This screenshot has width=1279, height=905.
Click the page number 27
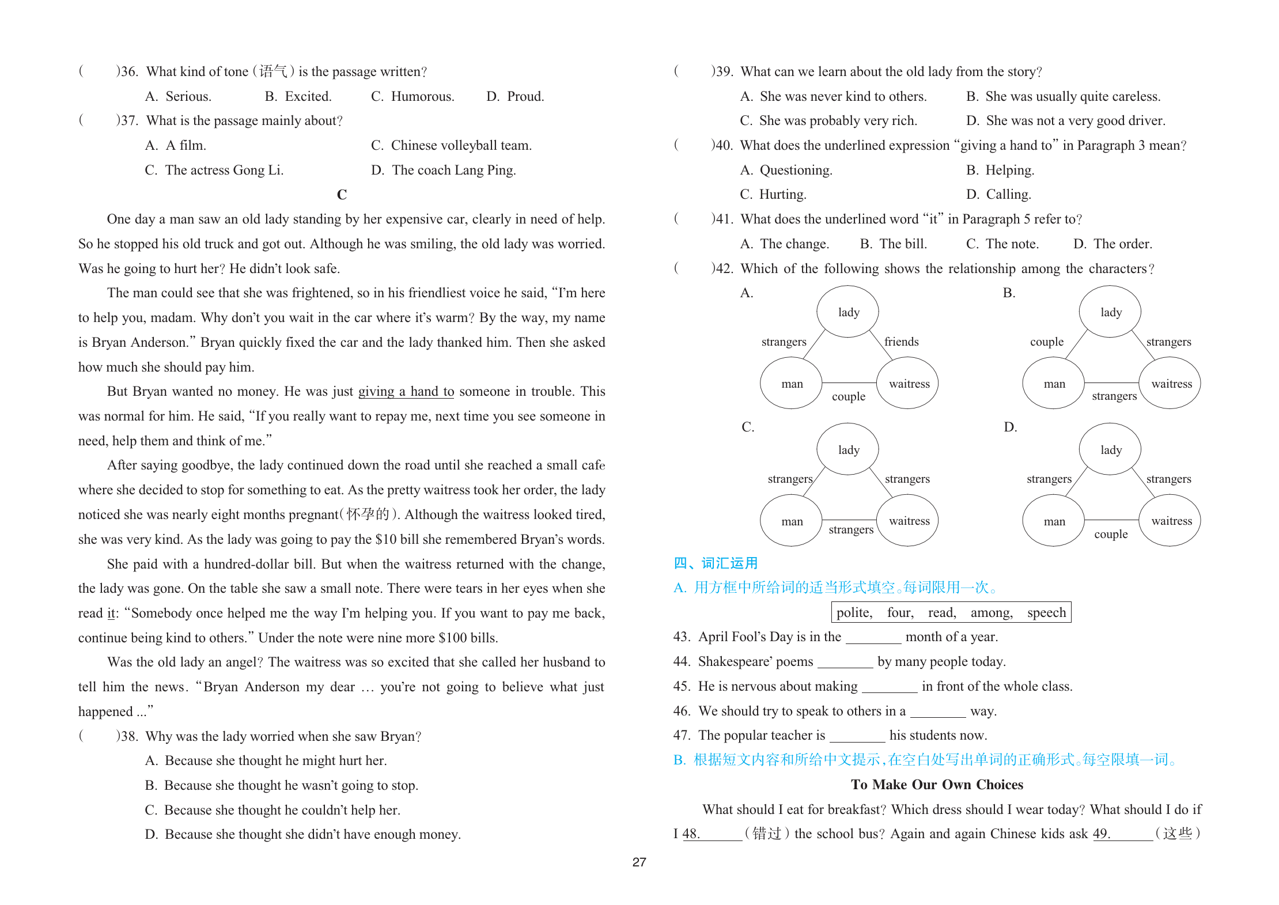pyautogui.click(x=639, y=862)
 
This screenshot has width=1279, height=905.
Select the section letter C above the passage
pyautogui.click(x=342, y=195)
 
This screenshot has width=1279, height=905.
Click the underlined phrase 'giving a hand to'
pyautogui.click(x=406, y=392)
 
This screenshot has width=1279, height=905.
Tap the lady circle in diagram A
pyautogui.click(x=847, y=312)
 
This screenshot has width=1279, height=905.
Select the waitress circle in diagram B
pyautogui.click(x=1170, y=384)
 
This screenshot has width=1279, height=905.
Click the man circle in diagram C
pyautogui.click(x=791, y=521)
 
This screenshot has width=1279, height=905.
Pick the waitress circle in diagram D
pyautogui.click(x=1170, y=521)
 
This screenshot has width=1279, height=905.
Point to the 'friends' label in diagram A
pyautogui.click(x=901, y=342)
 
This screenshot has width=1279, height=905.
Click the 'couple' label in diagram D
pyautogui.click(x=1110, y=534)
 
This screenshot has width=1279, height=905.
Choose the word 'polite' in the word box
pyautogui.click(x=854, y=612)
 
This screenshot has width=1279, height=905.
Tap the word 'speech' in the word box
pyautogui.click(x=1046, y=612)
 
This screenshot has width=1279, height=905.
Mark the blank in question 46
pyautogui.click(x=937, y=713)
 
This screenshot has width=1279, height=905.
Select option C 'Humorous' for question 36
pyautogui.click(x=413, y=96)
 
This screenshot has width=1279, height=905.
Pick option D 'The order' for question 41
pyautogui.click(x=1112, y=244)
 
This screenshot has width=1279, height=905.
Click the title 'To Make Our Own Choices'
pyautogui.click(x=937, y=785)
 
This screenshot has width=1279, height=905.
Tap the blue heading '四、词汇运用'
pyautogui.click(x=716, y=563)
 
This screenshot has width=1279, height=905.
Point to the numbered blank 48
pyautogui.click(x=712, y=834)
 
